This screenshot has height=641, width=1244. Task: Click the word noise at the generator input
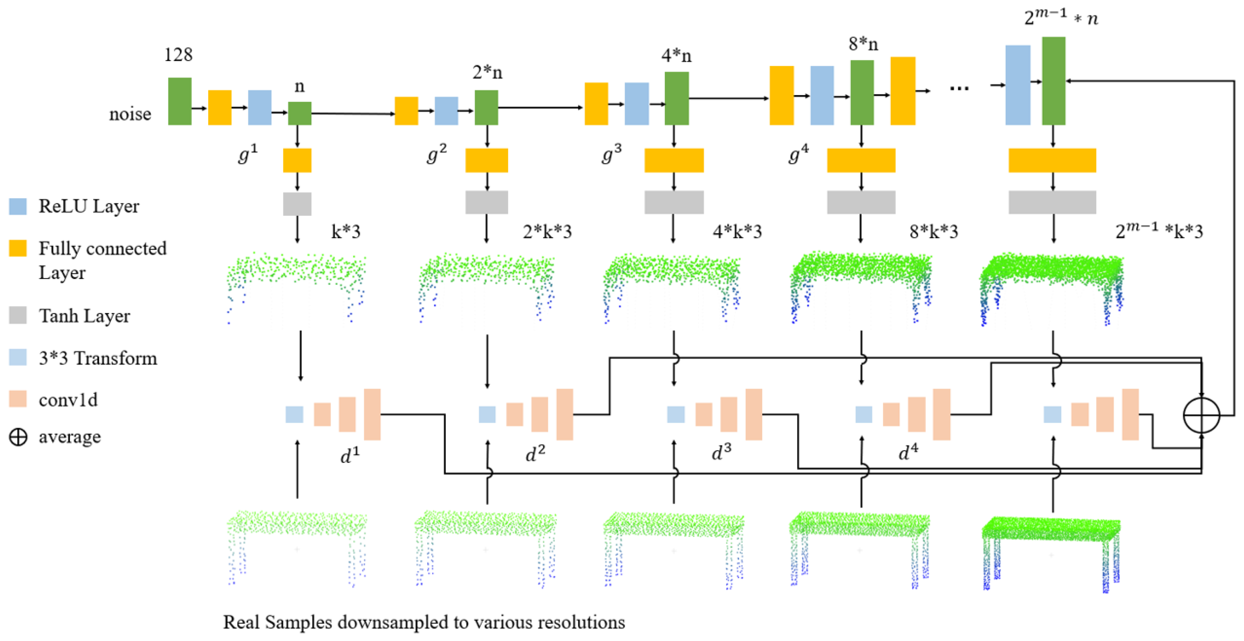click(130, 114)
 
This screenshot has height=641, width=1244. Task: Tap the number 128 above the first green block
click(178, 55)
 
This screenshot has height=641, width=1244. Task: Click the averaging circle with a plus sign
click(1201, 415)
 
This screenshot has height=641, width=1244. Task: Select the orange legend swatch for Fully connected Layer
click(18, 248)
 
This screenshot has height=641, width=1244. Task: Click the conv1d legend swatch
click(18, 399)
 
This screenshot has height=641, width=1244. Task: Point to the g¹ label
click(248, 154)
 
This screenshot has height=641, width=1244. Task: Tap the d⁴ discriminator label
click(908, 453)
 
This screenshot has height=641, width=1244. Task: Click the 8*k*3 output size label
click(934, 232)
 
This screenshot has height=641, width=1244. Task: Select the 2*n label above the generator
click(487, 72)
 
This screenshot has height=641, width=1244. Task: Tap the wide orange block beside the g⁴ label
click(861, 160)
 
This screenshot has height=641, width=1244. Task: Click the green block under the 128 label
click(180, 101)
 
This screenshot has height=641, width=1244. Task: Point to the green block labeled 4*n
click(677, 98)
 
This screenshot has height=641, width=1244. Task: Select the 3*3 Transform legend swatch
click(18, 358)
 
